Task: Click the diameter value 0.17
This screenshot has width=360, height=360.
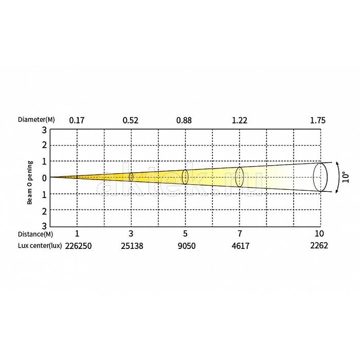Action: tap(77, 120)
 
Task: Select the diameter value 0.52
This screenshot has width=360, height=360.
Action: tap(131, 120)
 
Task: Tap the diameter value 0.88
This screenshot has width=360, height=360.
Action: tap(184, 120)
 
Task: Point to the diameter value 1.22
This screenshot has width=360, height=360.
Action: tap(240, 120)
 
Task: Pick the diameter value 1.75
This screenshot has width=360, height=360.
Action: tap(318, 120)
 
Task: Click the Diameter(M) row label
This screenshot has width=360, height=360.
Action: tap(37, 120)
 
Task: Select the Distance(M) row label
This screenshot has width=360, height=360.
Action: tap(35, 234)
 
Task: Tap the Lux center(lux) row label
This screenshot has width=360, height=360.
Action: tap(40, 246)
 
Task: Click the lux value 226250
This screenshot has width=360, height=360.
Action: tap(78, 246)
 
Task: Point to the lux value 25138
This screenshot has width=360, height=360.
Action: tap(132, 246)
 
